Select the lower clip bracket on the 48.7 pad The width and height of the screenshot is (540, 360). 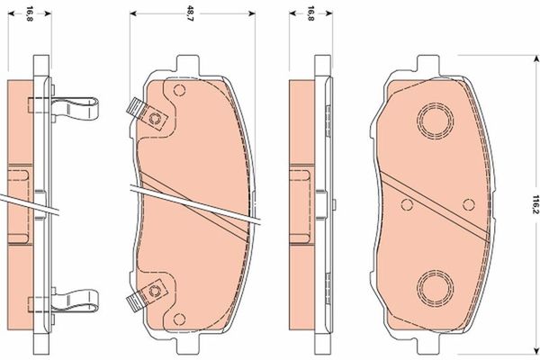click(x=145, y=295)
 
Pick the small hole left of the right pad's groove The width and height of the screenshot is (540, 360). click(x=404, y=203)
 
